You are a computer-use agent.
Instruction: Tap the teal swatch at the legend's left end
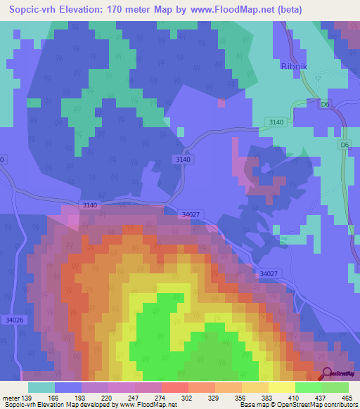coord(41,387)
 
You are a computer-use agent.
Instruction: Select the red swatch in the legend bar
coord(175,387)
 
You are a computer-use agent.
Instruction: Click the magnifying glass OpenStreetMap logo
coord(326,375)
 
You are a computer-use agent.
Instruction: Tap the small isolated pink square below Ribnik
coord(221,103)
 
